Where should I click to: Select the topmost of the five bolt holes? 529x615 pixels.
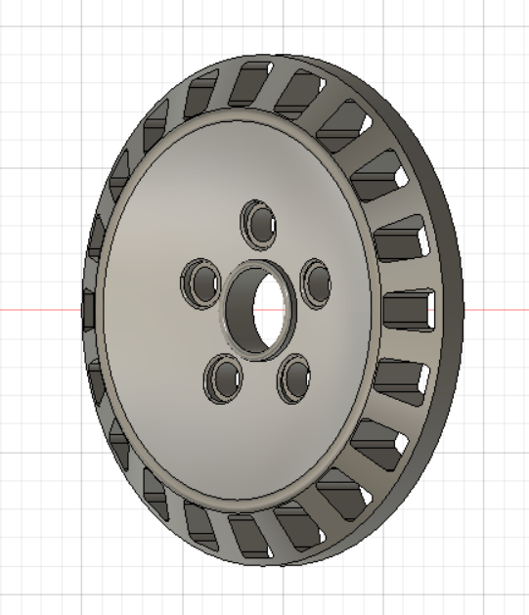[x=261, y=222]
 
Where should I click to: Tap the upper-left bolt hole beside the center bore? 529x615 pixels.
[x=201, y=285]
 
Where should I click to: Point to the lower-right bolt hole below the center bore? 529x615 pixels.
[x=293, y=378]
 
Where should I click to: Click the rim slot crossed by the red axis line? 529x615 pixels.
[x=406, y=310]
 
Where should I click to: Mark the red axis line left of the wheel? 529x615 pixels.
[x=39, y=310]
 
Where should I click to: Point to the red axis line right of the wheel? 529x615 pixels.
[x=494, y=310]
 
